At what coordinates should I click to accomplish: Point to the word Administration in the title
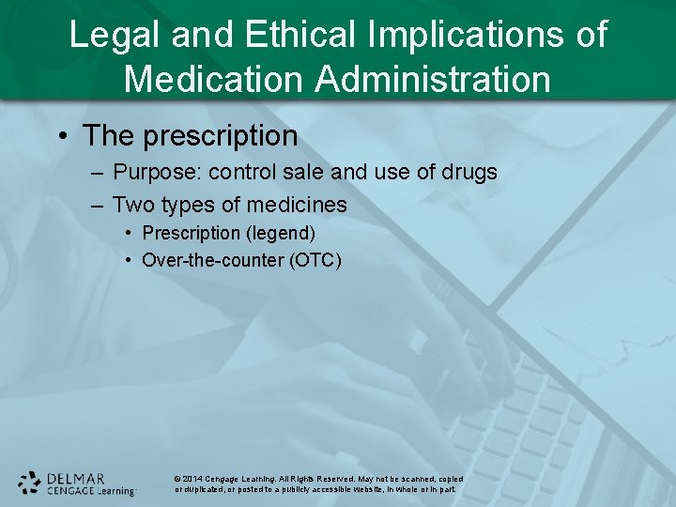(x=434, y=79)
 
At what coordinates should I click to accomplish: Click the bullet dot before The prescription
(x=63, y=136)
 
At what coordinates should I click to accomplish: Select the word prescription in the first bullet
(x=221, y=136)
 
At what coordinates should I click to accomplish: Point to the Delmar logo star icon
(x=30, y=483)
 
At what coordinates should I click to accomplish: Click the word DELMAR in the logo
(x=76, y=476)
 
